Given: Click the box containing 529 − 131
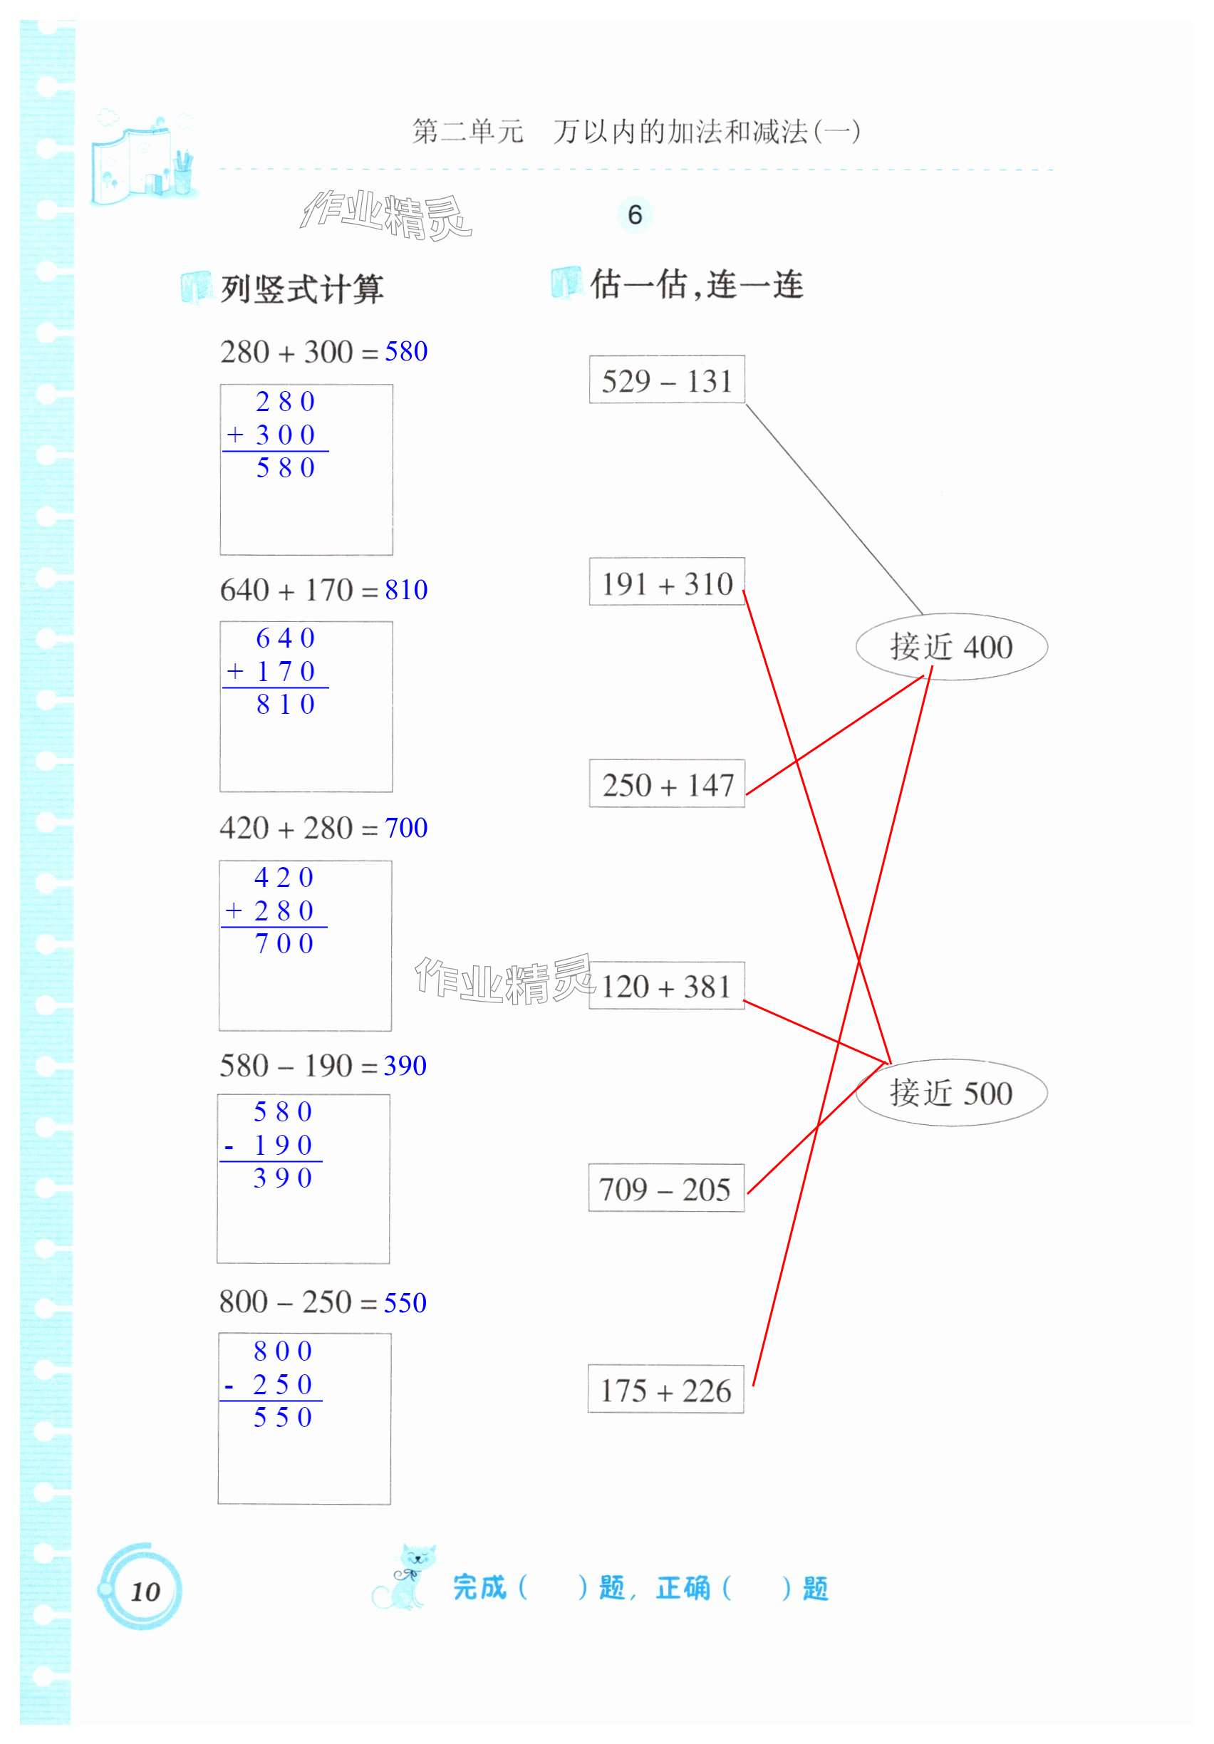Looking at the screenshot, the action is point(666,380).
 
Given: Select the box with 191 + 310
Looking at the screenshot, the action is point(666,583).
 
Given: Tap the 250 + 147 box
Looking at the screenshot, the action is point(666,784).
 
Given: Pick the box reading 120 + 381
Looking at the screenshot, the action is point(665,986).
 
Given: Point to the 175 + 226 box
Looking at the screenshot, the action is point(665,1390).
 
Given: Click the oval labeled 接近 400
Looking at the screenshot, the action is point(950,646).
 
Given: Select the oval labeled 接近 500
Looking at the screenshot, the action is point(950,1092).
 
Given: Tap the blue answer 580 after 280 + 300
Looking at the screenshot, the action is point(405,351).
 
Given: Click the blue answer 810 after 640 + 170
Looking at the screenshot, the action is point(405,589).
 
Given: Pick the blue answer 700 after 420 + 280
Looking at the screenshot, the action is point(405,827).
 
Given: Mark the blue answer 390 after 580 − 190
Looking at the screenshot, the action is point(405,1066).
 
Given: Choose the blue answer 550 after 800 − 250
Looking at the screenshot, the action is point(405,1303).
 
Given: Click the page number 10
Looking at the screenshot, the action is point(145,1592).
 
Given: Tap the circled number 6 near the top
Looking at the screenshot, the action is point(634,215).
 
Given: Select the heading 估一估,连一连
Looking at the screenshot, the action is point(696,285).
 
